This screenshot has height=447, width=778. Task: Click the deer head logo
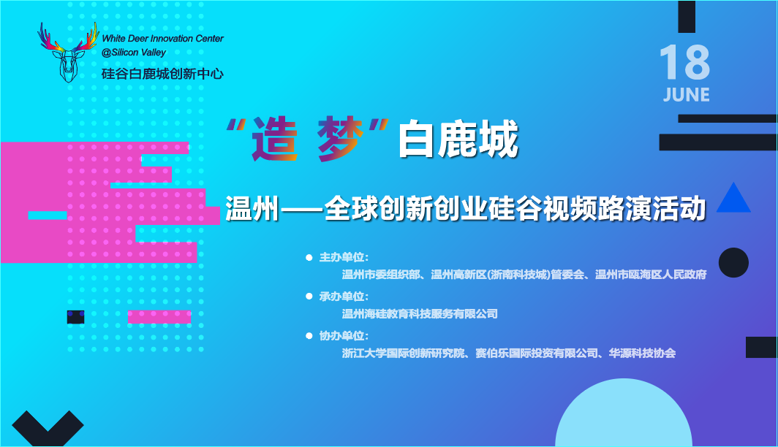pyautogui.click(x=68, y=52)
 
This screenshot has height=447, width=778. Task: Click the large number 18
pyautogui.click(x=684, y=62)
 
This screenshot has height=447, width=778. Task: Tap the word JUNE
pyautogui.click(x=686, y=95)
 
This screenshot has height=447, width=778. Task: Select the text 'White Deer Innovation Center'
pyautogui.click(x=163, y=39)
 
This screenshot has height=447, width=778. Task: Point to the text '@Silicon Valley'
pyautogui.click(x=134, y=53)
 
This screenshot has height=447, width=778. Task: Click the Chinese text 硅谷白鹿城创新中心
pyautogui.click(x=163, y=74)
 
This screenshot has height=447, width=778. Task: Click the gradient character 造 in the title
pyautogui.click(x=275, y=140)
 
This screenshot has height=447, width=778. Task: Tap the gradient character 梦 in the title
pyautogui.click(x=341, y=139)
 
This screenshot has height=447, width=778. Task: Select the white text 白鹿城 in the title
pyautogui.click(x=458, y=140)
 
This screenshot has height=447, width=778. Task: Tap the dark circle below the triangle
pyautogui.click(x=733, y=263)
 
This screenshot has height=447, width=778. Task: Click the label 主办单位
pyautogui.click(x=342, y=257)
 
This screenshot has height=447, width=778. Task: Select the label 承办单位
pyautogui.click(x=342, y=297)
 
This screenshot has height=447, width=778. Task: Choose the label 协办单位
pyautogui.click(x=342, y=336)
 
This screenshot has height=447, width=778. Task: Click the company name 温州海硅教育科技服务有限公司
pyautogui.click(x=420, y=313)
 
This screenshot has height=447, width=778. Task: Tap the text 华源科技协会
pyautogui.click(x=642, y=354)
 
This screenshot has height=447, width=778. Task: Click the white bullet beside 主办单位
pyautogui.click(x=309, y=258)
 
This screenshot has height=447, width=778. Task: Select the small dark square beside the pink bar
pyautogui.click(x=75, y=317)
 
